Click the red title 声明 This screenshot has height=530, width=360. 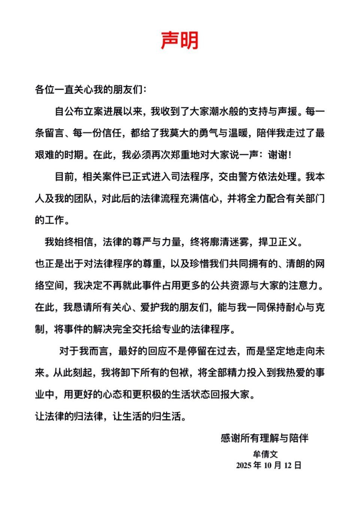(x=180, y=40)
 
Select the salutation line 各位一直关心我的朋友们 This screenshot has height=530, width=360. (x=91, y=90)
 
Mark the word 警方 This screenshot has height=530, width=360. (x=247, y=177)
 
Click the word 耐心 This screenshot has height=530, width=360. (x=296, y=307)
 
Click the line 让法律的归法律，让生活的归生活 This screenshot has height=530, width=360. (x=111, y=416)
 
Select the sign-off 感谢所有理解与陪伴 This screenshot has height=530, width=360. (x=265, y=438)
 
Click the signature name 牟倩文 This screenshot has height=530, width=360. (x=265, y=454)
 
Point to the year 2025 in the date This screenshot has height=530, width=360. (x=244, y=466)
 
